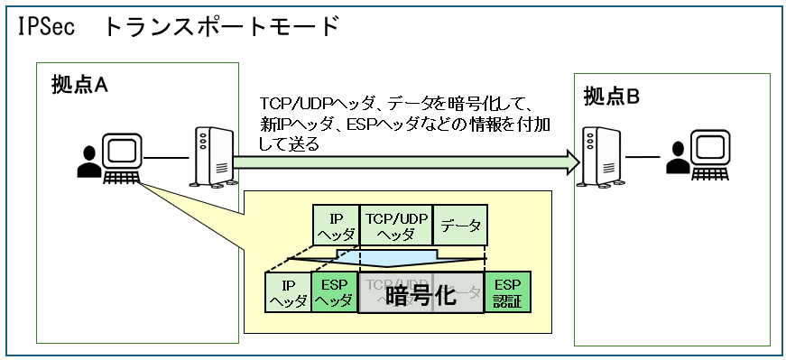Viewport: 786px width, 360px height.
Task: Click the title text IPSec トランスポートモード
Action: pos(177,26)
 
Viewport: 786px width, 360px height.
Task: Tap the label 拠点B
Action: pos(611,96)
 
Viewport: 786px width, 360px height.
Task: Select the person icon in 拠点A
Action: pos(88,162)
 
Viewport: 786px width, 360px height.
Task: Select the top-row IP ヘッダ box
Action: pos(336,226)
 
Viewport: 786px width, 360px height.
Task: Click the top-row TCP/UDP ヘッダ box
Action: pos(396,226)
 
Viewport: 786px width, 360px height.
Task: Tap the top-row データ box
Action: pos(458,226)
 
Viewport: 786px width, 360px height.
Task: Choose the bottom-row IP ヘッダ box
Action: pos(288,292)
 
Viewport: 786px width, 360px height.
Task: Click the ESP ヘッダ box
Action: pos(334,292)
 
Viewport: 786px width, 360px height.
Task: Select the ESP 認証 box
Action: pos(508,292)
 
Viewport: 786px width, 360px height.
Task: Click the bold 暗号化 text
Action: pos(421,295)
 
